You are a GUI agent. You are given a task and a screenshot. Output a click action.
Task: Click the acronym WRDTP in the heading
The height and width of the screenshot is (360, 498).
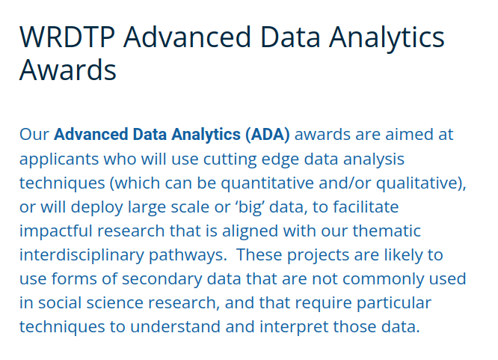point(67,37)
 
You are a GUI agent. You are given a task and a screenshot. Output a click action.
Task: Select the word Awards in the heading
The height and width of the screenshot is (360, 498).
point(68,70)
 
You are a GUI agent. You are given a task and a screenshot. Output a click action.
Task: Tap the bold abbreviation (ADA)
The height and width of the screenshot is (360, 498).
point(267,135)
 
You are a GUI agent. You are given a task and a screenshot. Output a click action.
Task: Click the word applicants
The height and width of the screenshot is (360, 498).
point(59,159)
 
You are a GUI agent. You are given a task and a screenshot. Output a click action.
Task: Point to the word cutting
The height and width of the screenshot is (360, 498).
point(230,159)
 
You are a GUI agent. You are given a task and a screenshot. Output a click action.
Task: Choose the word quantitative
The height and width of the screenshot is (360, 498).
point(268,183)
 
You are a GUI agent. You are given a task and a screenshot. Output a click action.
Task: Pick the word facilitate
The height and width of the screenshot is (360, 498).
point(366,207)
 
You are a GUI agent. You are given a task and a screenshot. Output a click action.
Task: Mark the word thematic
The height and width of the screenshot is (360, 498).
point(387,231)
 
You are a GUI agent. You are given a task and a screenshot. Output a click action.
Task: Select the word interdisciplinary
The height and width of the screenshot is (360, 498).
point(82,255)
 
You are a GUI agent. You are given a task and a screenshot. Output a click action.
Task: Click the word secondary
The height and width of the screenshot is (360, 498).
point(162,279)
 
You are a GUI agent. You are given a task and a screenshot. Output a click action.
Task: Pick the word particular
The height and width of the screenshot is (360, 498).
point(394,303)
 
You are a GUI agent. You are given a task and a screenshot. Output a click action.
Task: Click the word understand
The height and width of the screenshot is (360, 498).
point(175,326)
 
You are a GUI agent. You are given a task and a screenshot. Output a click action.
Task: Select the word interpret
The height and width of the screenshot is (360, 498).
point(294,327)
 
